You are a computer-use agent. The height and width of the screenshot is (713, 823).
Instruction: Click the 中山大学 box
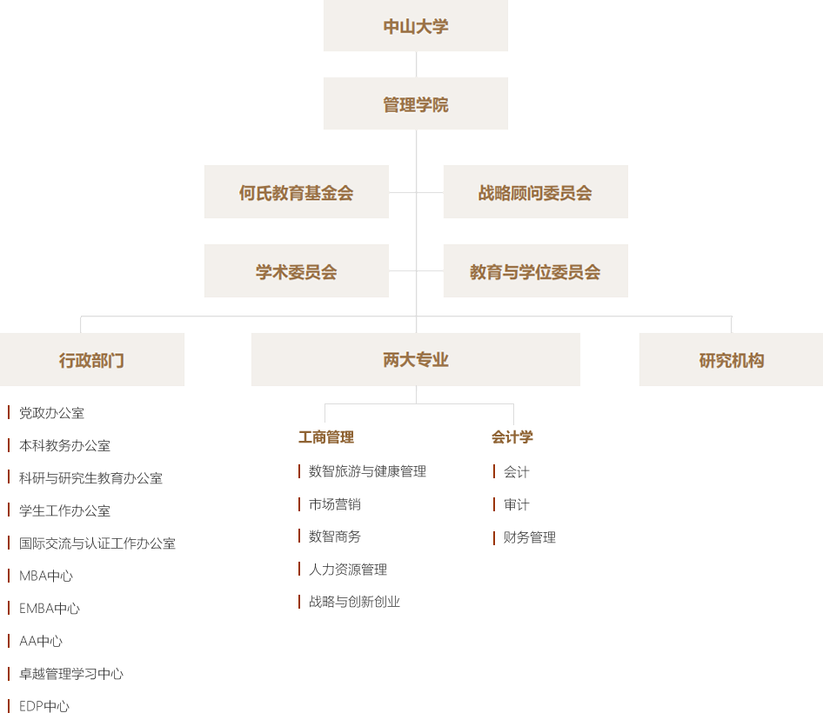click(416, 26)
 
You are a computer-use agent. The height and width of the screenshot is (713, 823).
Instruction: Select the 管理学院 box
click(416, 104)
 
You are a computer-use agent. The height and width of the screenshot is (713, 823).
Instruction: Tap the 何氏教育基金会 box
click(297, 192)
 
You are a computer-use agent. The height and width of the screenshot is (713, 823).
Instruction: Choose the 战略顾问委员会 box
click(535, 192)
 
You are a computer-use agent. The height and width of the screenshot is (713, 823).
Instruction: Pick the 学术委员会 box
click(297, 271)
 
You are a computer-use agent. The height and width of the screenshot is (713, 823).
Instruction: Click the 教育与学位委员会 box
click(535, 271)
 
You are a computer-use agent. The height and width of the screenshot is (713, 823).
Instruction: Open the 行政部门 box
click(92, 359)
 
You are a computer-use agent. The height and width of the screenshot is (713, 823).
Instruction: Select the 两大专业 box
click(416, 359)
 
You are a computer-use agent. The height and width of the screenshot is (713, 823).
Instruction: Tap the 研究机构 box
click(731, 359)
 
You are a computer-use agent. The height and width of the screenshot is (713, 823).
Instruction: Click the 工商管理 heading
click(326, 437)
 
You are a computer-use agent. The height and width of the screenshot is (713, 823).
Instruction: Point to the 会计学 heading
click(512, 437)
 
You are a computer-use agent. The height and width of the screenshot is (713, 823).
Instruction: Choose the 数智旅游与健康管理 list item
click(367, 471)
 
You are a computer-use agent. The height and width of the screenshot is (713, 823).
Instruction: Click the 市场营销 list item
click(334, 504)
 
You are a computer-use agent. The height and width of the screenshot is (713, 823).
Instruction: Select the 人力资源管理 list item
click(347, 570)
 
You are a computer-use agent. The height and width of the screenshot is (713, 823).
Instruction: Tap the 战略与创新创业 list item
click(354, 602)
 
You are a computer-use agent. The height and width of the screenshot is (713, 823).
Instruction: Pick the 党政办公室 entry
click(51, 413)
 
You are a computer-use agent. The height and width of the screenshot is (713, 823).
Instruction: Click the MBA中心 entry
click(46, 576)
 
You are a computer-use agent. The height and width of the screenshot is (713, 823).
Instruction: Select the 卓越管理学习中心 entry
click(71, 674)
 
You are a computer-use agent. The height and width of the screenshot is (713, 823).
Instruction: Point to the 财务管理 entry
click(529, 537)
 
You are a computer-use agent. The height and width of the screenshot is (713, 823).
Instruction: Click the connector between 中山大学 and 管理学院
click(416, 64)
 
